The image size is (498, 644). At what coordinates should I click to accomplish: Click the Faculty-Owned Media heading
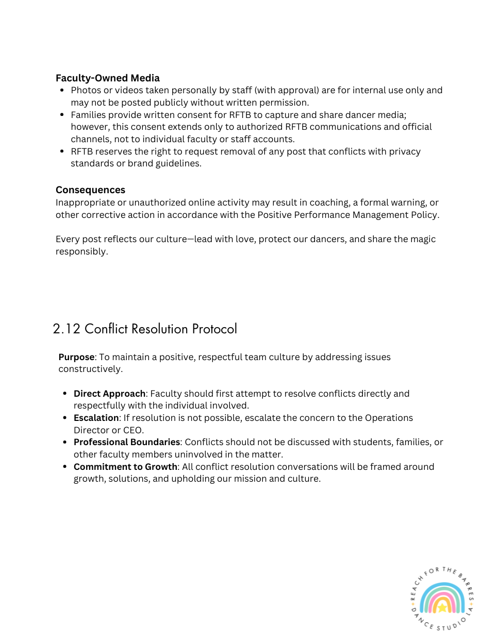tap(107, 78)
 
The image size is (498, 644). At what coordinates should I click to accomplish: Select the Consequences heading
tap(90, 190)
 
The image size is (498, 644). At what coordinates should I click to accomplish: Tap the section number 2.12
tap(67, 329)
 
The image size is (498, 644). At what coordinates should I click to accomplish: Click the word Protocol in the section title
tap(214, 329)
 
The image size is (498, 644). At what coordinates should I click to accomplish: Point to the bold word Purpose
tap(76, 357)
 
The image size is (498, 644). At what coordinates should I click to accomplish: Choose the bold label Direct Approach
tap(109, 394)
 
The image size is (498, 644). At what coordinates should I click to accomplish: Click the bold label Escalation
tap(96, 418)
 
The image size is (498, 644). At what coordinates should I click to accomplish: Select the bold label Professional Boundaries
tap(127, 442)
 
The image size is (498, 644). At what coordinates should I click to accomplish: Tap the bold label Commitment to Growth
tap(125, 467)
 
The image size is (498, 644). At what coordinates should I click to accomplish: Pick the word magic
tap(422, 239)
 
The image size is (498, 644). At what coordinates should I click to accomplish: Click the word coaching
tap(329, 202)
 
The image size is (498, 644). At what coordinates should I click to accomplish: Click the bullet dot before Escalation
tap(65, 418)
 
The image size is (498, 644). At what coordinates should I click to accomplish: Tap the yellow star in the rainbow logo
tap(442, 608)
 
